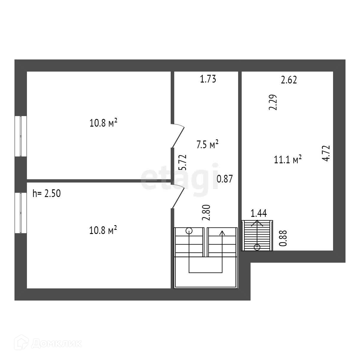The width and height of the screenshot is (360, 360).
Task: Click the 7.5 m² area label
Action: coord(207,144)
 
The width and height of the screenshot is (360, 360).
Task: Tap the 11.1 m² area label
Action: coord(288,160)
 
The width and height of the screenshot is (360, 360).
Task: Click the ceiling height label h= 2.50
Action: coord(46,194)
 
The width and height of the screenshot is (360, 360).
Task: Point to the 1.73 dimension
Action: coord(208,79)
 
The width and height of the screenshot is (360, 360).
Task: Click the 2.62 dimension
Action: coord(289,80)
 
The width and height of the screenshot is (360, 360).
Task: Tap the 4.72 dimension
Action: coord(326,153)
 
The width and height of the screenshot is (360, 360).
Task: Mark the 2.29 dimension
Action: coord(273,102)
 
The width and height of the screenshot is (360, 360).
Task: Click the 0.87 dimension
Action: coord(225,179)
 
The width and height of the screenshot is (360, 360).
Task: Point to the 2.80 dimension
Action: coord(207,213)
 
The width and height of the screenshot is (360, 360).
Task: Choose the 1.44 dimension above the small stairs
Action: coord(259,213)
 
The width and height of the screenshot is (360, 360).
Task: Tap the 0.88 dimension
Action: coord(283,238)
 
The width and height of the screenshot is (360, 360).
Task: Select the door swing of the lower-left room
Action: coord(178,196)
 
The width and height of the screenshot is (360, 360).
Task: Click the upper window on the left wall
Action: coord(21,136)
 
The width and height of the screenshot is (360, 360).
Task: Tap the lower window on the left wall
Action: coord(21,213)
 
